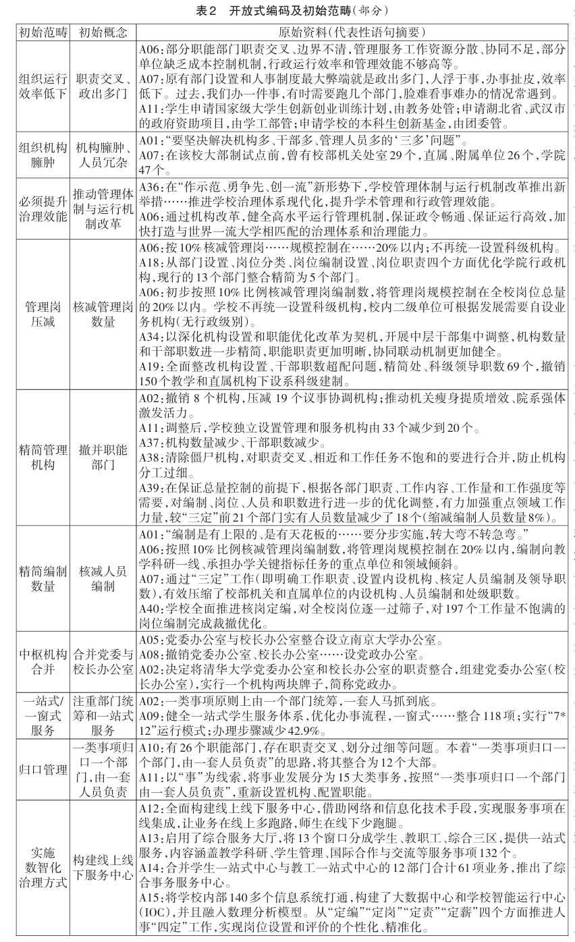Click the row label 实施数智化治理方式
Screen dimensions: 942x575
(x=43, y=870)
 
